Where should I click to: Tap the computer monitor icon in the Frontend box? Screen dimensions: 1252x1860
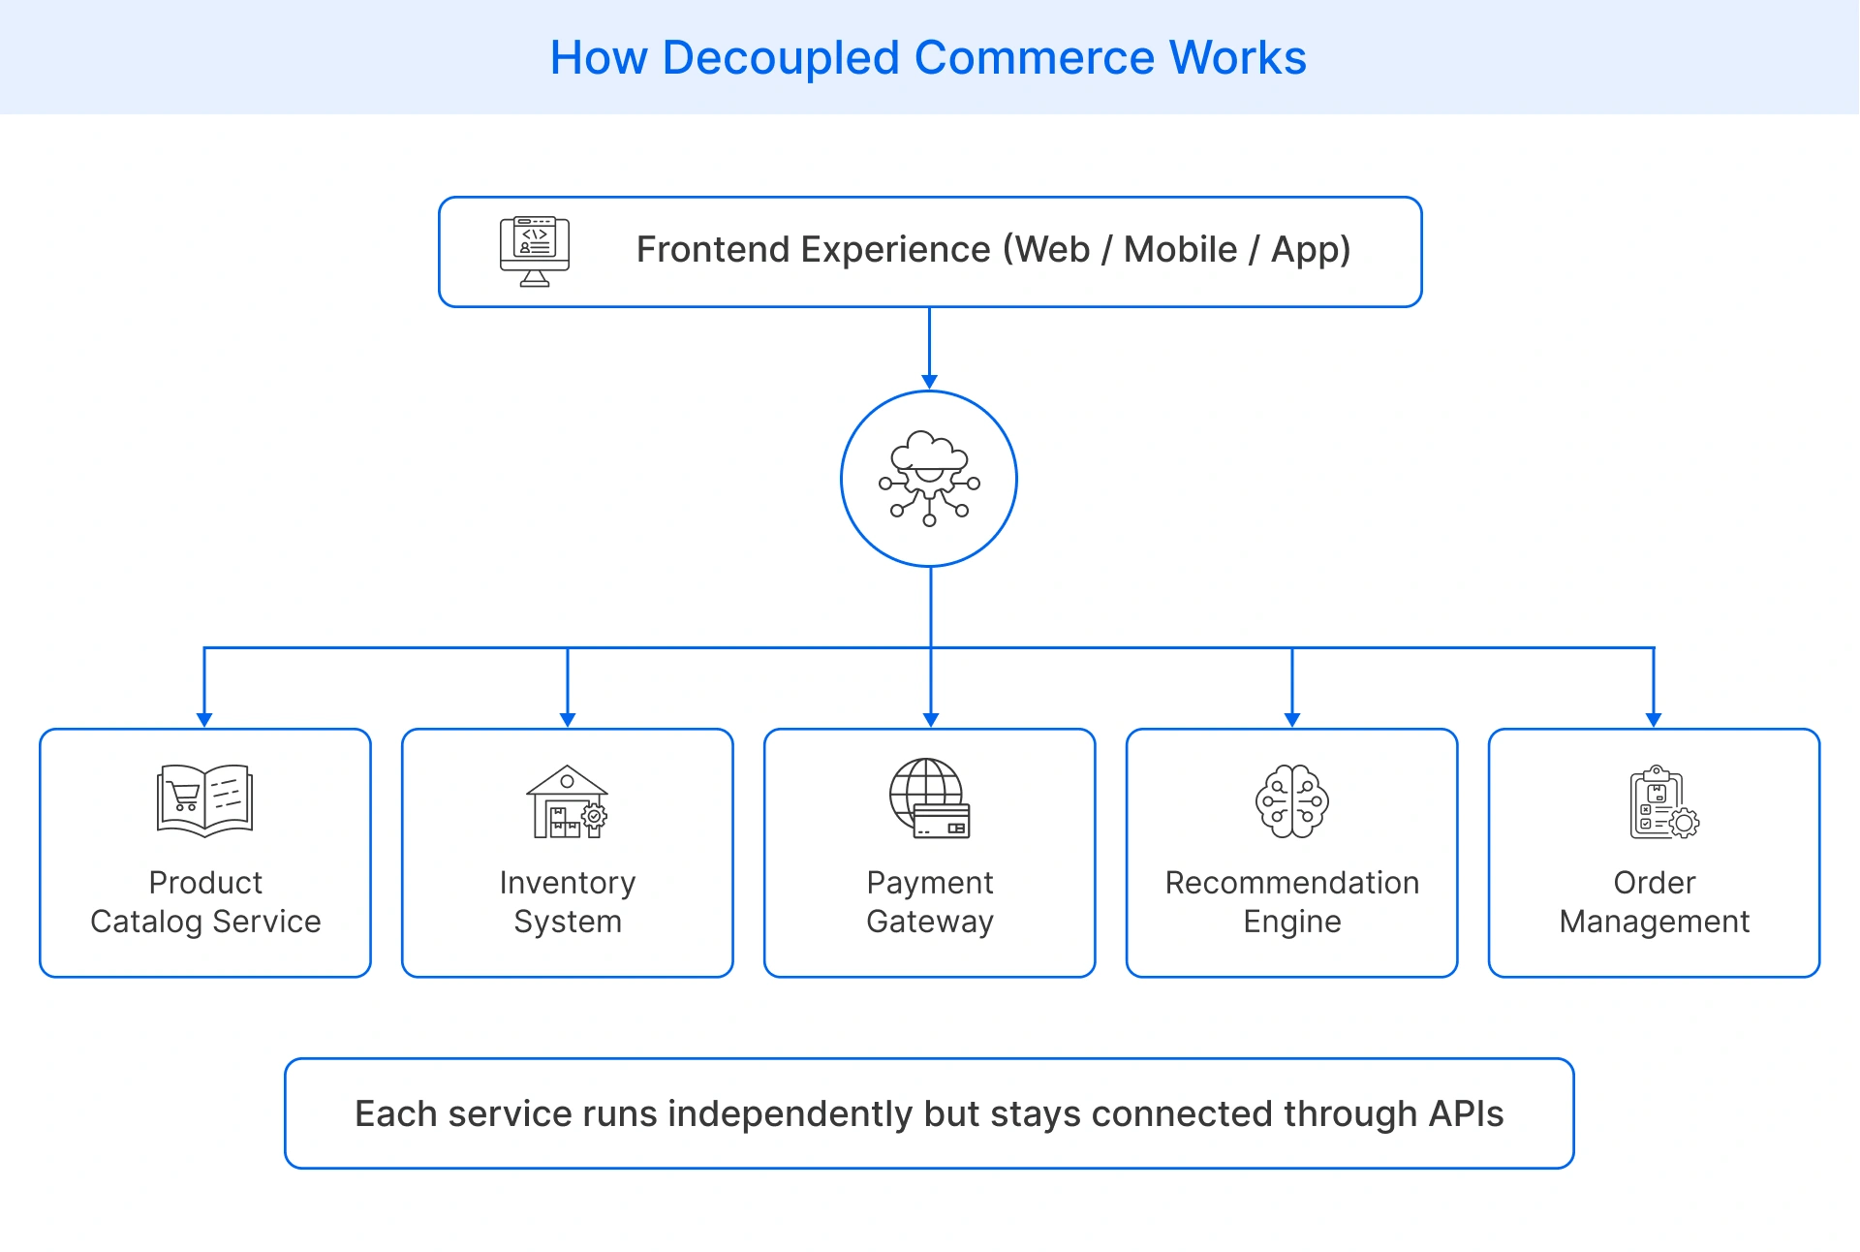[x=535, y=251]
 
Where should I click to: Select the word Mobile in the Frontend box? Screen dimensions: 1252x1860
[x=1180, y=250]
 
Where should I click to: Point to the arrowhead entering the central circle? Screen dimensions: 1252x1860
[x=929, y=382]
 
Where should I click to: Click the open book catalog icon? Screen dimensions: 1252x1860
[x=204, y=799]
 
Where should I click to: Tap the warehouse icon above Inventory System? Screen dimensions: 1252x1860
[x=567, y=801]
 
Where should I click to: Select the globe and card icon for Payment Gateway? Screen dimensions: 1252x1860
[x=929, y=798]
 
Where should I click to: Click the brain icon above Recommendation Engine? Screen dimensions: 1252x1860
[x=1291, y=800]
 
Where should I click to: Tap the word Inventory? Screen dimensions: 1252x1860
[x=568, y=883]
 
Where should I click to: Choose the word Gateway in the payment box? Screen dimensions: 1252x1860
[x=929, y=922]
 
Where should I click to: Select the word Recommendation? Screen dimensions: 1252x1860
[x=1291, y=883]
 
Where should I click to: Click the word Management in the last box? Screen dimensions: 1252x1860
[x=1654, y=922]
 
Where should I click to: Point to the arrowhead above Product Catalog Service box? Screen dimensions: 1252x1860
[x=204, y=719]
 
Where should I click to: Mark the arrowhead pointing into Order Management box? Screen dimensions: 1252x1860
[x=1654, y=719]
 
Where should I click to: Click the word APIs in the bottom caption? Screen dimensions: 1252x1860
[x=1466, y=1113]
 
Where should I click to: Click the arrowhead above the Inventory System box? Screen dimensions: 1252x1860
[x=568, y=719]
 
